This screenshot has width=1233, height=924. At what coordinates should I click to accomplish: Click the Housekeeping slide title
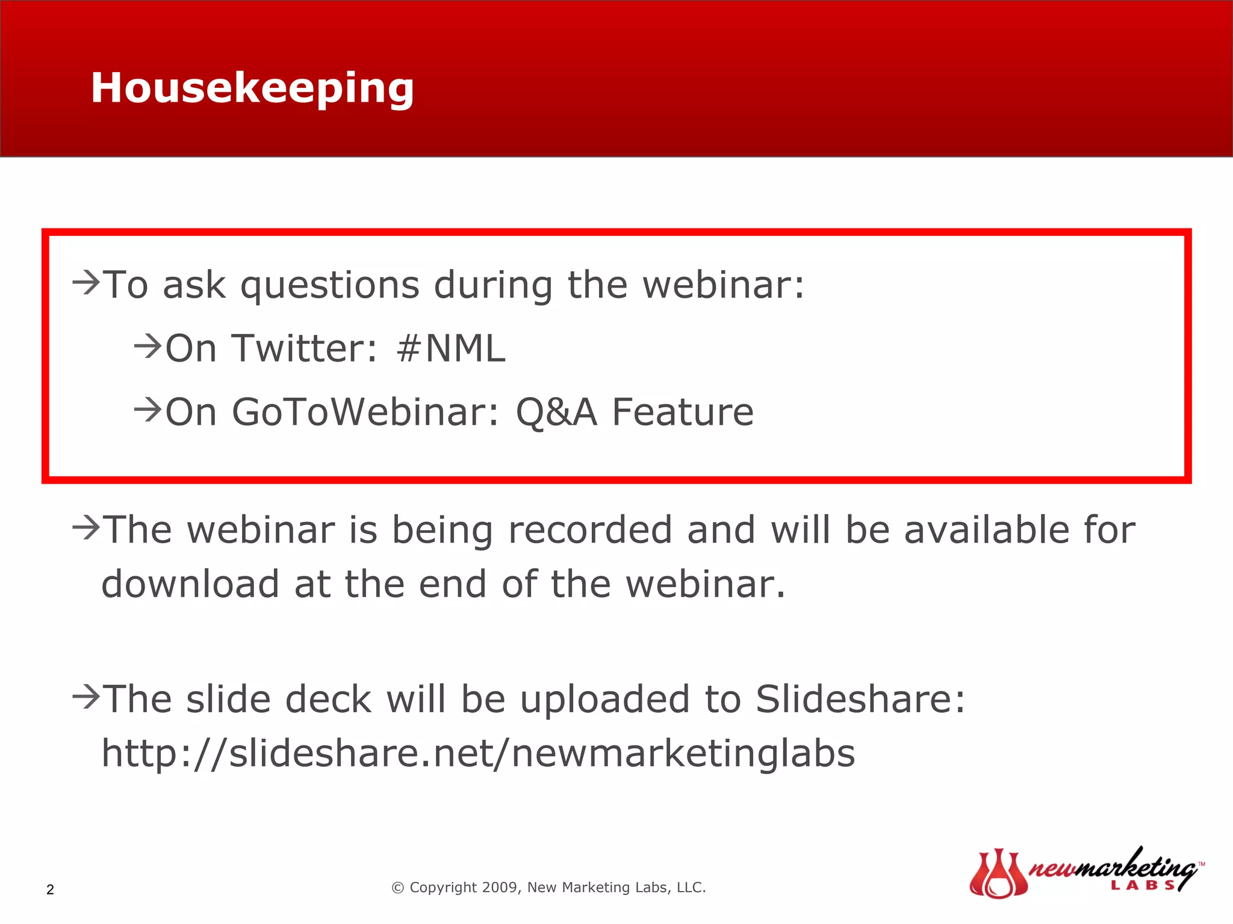[252, 88]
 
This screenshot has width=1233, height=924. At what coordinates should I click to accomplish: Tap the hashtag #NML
[451, 348]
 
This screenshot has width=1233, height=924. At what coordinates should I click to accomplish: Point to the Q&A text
[556, 412]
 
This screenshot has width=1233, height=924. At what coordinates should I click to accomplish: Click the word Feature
[683, 412]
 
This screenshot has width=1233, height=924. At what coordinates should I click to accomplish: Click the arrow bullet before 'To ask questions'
[85, 282]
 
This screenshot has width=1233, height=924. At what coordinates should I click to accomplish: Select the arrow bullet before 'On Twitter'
[148, 346]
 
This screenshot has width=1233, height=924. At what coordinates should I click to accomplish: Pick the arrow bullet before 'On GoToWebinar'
[148, 410]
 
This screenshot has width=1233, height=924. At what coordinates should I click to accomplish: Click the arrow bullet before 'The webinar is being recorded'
[85, 528]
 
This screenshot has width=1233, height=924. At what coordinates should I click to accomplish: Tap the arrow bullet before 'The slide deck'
[85, 697]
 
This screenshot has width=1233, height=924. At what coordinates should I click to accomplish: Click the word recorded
[590, 530]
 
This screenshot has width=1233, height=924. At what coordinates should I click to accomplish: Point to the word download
[190, 584]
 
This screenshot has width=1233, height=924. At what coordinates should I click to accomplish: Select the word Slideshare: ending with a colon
[860, 699]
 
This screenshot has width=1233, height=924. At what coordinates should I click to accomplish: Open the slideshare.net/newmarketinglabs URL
[478, 753]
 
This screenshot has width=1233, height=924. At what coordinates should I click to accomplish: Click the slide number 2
[50, 890]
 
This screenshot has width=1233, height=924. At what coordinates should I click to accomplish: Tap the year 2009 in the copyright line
[501, 887]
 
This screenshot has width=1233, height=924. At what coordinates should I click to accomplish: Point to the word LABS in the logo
[1143, 885]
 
